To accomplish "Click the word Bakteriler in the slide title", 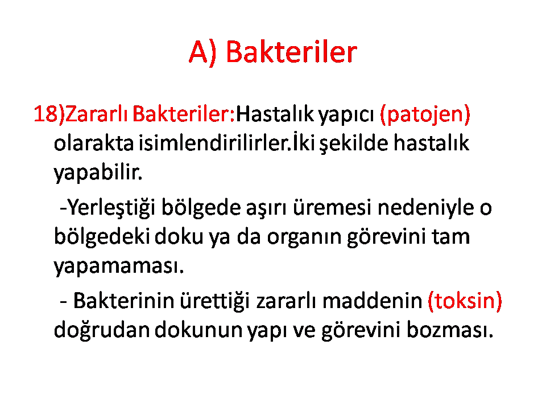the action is pos(291,52).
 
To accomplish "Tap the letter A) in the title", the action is pos(202,52).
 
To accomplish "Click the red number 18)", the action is pos(49,114).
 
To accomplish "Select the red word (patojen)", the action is pos(425,114).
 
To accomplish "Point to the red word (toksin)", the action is pos(465,301).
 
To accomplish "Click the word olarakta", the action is pos(94,143).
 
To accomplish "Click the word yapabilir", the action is pos(98,173).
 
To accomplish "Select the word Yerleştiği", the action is pos(111,208).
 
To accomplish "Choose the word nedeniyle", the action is pos(425,208).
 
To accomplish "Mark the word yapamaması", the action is pos(119,266).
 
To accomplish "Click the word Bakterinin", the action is pos(123,301).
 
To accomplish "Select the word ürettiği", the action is pos(215,301).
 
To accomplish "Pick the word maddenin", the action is pos(373,301).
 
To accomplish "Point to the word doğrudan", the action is pos(102,330).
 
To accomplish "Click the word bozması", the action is pos(450,330).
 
